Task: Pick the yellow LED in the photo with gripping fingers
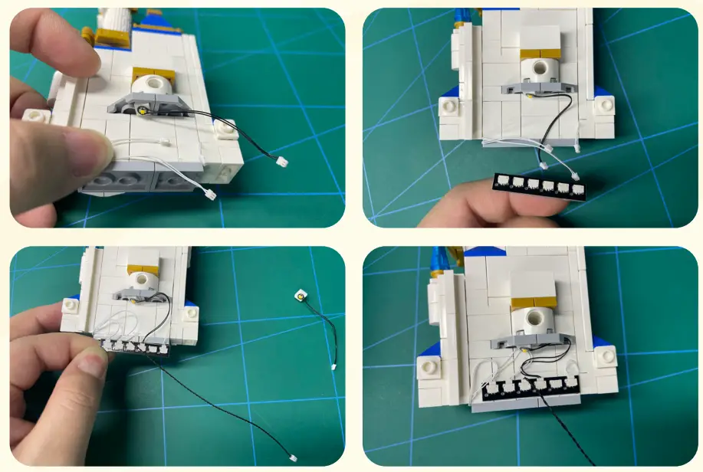[x=143, y=110]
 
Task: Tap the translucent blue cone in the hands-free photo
[x=439, y=262]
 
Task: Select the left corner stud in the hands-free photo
[x=426, y=368]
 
